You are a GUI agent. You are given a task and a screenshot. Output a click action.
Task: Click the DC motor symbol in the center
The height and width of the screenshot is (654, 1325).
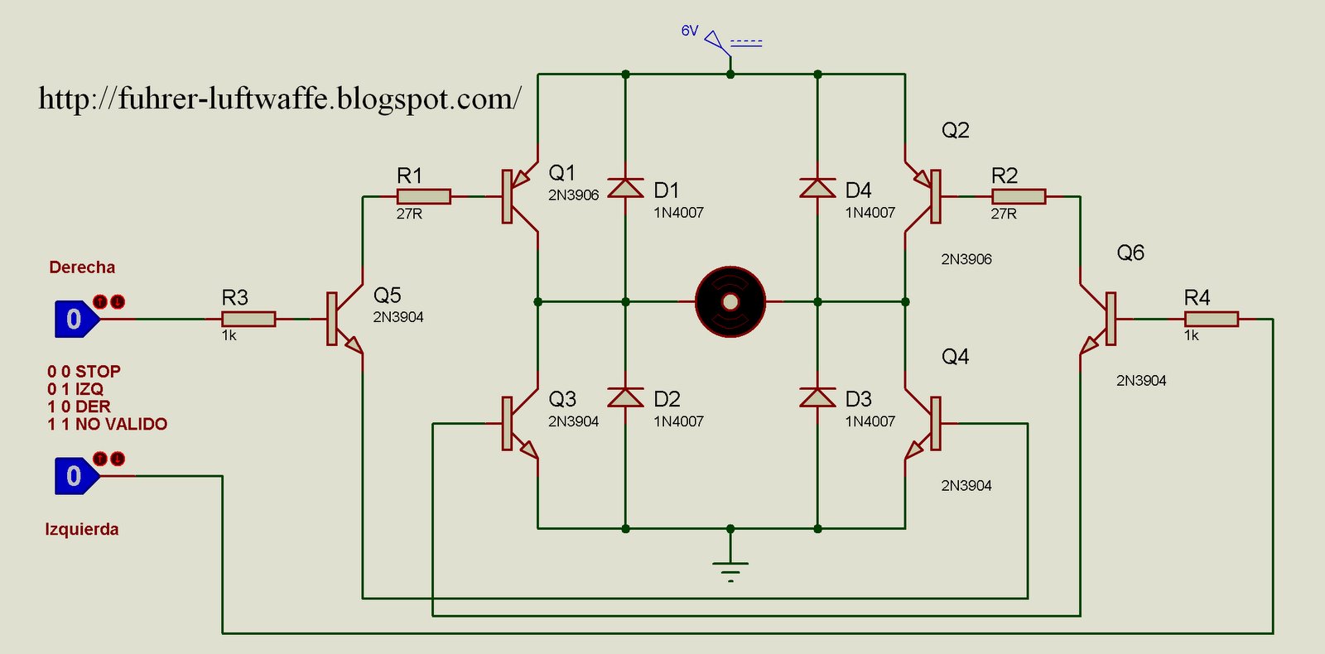730,302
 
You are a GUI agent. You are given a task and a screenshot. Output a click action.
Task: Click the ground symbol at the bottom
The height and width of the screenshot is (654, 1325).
730,570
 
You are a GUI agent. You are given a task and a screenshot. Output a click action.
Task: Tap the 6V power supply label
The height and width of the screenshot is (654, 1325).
690,31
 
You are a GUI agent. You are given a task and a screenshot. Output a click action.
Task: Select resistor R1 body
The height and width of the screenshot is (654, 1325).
423,196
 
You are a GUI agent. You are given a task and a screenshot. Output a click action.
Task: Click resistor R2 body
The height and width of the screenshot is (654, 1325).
1018,196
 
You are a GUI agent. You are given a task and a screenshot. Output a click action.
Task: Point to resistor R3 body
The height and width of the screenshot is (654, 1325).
248,319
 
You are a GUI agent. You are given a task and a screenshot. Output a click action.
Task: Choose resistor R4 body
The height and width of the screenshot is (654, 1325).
1211,319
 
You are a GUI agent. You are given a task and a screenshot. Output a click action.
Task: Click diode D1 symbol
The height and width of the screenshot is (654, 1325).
625,188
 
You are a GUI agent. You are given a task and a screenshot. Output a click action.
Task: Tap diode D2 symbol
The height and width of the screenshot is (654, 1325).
625,397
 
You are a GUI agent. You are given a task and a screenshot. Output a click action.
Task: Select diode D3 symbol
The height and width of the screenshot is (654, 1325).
817,397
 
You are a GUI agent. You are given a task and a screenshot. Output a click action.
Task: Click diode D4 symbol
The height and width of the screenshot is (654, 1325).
817,188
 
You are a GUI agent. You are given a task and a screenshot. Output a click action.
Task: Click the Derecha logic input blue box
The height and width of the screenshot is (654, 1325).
75,320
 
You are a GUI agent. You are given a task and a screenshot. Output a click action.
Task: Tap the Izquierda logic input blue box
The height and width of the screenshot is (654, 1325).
75,476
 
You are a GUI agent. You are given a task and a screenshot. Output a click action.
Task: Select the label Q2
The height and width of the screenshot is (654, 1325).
955,131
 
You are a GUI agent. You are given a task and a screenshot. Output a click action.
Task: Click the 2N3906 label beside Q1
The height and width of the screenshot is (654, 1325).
573,195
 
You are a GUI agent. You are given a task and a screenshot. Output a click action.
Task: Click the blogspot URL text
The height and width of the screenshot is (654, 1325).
280,99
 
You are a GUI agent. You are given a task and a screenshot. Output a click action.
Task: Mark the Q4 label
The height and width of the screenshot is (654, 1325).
955,357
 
